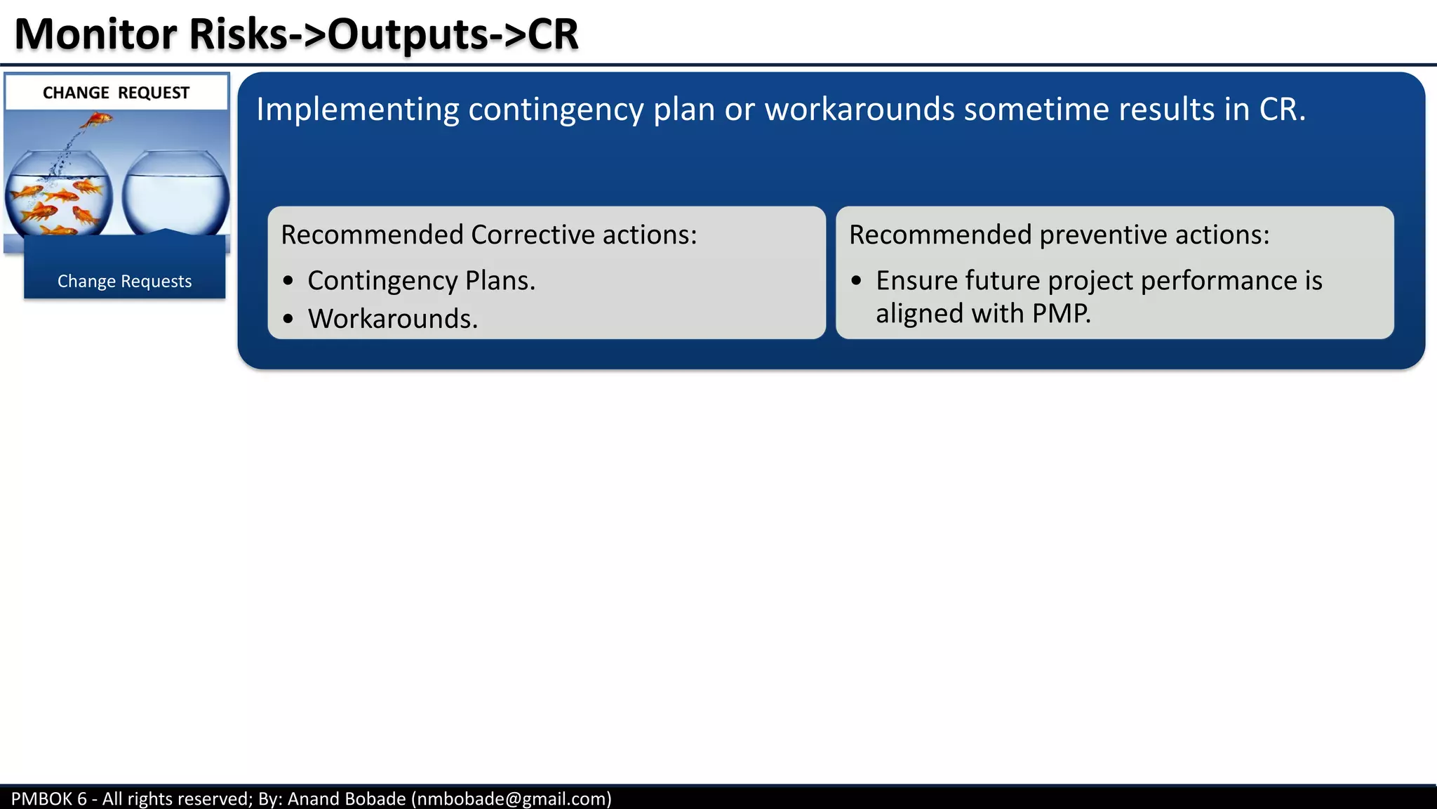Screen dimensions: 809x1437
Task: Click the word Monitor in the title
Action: [96, 34]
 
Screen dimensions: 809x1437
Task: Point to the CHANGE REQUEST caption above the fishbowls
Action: [116, 93]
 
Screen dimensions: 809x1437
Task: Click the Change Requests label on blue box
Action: [124, 281]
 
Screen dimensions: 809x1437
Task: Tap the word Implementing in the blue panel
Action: [357, 110]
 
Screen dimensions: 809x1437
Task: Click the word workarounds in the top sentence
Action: [859, 110]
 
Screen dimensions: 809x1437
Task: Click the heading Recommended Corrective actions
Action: [488, 235]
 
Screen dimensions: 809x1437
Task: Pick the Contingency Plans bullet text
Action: [421, 281]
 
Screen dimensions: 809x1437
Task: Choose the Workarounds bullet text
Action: [392, 319]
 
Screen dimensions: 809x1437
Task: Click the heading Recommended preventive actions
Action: [1058, 235]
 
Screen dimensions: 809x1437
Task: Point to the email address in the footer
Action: [511, 798]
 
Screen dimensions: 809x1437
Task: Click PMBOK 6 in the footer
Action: [48, 798]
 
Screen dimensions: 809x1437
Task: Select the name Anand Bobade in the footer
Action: [347, 798]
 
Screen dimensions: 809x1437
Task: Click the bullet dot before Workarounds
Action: [288, 319]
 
